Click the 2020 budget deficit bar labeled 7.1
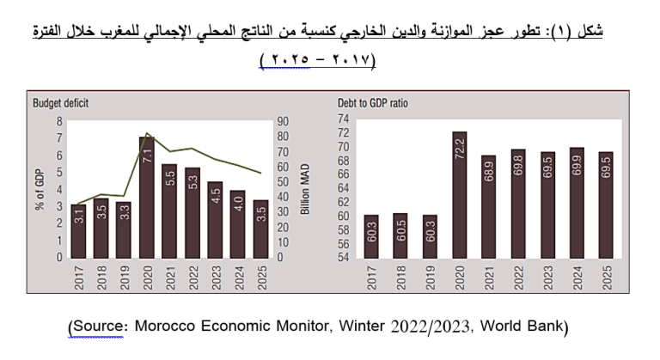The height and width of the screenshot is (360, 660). [x=146, y=196]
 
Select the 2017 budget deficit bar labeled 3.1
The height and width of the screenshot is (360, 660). [x=78, y=230]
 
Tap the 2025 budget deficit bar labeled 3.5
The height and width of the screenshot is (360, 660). [x=260, y=229]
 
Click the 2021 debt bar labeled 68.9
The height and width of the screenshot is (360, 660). [x=488, y=206]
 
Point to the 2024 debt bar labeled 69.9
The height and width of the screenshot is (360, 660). [x=577, y=203]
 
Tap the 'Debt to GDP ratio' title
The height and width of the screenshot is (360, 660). [x=373, y=103]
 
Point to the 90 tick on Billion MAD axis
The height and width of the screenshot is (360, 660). [x=282, y=121]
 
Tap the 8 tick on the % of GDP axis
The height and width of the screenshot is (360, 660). [x=59, y=121]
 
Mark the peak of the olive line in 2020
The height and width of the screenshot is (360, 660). [x=147, y=133]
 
